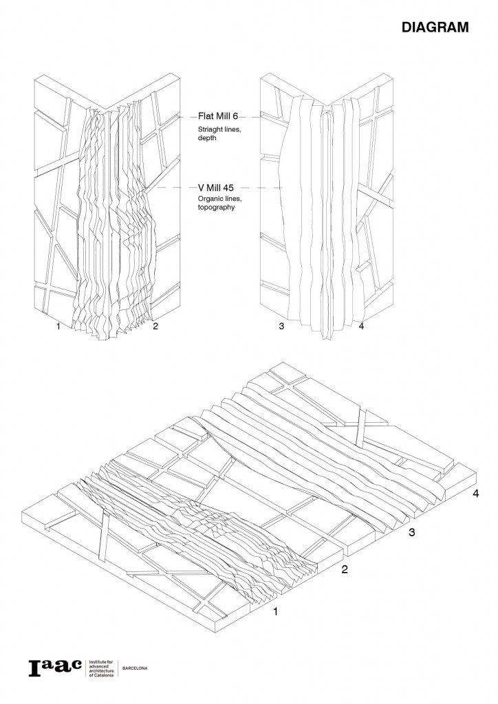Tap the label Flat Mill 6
218,117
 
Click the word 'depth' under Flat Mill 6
207,138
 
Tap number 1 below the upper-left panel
58,327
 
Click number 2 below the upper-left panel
155,327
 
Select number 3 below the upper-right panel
281,327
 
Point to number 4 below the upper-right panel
361,327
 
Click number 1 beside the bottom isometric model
276,610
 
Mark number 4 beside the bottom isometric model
476,494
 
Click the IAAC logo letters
55,667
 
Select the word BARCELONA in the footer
135,668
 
